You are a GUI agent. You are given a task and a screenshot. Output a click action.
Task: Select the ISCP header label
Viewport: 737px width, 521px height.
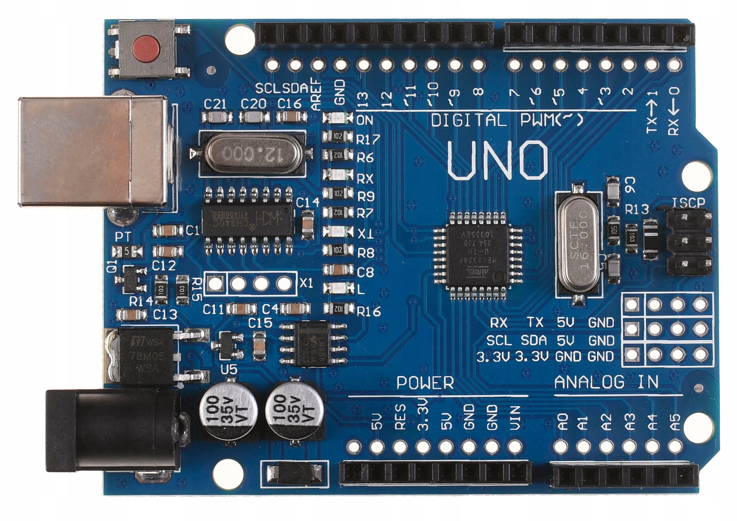[688, 203]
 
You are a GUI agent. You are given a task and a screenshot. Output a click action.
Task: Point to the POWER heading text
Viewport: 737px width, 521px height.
[425, 383]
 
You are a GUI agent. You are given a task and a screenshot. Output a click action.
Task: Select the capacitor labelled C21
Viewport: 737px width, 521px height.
[217, 117]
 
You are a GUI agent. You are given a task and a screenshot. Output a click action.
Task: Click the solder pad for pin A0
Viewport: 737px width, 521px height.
[561, 447]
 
